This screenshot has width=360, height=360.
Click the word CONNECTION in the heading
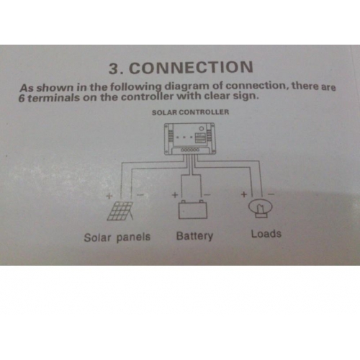191,67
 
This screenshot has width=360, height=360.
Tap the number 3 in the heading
114,68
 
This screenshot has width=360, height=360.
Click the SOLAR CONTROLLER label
190,112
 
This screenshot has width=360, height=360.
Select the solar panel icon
120,211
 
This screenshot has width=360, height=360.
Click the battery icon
193,210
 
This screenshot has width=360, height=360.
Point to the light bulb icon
261,208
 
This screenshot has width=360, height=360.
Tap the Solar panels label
117,238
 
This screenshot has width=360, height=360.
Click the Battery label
194,236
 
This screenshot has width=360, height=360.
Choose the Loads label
266,234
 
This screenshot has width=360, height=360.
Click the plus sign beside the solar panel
109,196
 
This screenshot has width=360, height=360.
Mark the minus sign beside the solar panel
140,195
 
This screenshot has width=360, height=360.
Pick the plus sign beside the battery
175,194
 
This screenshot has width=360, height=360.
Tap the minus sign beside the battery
207,194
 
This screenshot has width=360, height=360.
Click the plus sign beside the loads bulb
244,194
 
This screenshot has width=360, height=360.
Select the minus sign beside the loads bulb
271,194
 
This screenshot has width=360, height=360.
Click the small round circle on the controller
202,129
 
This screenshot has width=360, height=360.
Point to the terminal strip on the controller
190,150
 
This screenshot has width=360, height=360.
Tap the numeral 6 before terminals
22,99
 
